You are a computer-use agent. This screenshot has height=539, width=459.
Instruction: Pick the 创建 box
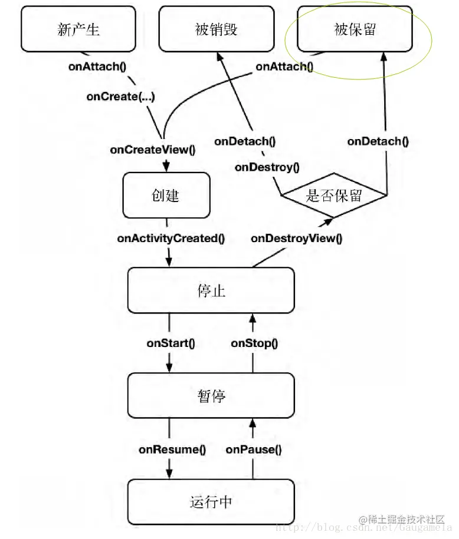166,195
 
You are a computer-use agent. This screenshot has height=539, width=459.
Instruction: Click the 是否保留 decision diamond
334,196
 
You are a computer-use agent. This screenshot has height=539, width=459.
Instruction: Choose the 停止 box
211,290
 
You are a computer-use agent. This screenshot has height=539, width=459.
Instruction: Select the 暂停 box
211,396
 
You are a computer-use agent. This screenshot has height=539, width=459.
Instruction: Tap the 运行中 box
211,502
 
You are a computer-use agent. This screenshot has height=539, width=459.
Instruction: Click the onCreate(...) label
121,97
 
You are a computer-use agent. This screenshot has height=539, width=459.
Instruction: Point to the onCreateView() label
152,150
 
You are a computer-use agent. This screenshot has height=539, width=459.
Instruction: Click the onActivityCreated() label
171,238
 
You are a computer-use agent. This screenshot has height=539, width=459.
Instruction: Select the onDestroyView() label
296,238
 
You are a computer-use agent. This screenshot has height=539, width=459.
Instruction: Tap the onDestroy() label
267,167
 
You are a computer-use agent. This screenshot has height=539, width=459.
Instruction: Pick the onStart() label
171,343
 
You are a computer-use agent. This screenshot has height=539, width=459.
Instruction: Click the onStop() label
254,343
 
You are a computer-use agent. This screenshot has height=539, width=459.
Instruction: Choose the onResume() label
172,449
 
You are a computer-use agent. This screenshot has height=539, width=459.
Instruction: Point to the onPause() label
254,449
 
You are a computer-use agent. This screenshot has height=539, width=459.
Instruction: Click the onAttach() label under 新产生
97,66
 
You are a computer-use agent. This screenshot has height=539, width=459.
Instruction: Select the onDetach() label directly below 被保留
378,141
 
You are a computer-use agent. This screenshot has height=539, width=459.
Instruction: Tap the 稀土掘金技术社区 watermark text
406,520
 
